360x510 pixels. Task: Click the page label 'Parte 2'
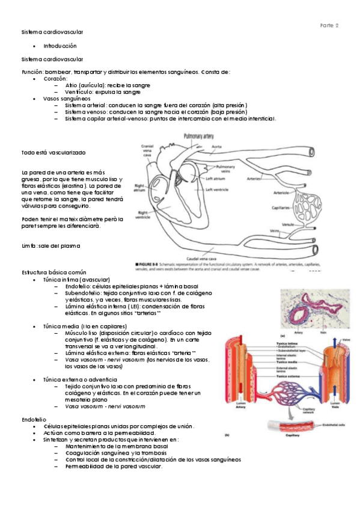329,25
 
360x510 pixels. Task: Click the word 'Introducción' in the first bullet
60,46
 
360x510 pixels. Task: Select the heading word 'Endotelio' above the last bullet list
32,419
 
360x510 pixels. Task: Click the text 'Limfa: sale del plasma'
50,246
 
